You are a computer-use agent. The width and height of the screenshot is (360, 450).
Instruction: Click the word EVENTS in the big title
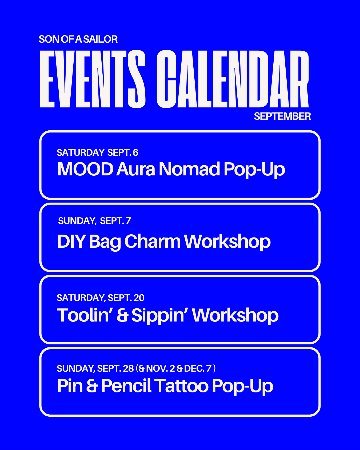click(x=93, y=79)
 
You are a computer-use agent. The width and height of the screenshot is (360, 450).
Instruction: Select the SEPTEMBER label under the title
click(x=282, y=116)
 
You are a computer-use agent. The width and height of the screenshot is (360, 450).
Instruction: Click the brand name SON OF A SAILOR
click(x=78, y=39)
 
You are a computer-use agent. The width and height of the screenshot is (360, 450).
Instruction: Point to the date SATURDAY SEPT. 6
click(x=97, y=152)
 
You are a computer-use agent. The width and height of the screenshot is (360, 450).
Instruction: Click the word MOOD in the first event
click(x=85, y=169)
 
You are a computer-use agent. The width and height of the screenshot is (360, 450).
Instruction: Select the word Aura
click(x=135, y=169)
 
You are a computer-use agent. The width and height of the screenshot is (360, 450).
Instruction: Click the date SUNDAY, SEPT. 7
click(x=94, y=221)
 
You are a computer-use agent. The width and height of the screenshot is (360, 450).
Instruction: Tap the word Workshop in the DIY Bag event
click(x=227, y=242)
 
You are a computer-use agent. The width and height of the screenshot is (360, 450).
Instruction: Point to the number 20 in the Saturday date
click(x=139, y=298)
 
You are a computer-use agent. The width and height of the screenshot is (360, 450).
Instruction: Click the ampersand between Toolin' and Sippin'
click(x=122, y=315)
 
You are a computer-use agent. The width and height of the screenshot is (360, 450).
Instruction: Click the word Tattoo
click(x=181, y=386)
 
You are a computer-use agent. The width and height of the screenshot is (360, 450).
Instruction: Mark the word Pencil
click(x=126, y=386)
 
